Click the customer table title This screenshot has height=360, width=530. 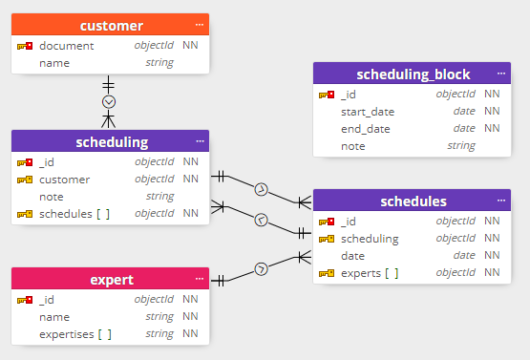[x=111, y=26]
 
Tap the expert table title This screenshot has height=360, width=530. [x=111, y=280]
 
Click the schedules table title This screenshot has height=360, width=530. [x=413, y=201]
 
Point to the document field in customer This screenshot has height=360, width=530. [x=66, y=46]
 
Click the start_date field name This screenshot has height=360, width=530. [x=367, y=112]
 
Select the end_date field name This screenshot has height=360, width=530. [x=365, y=129]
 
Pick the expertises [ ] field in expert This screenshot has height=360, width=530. [x=75, y=334]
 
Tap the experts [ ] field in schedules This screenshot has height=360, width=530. [x=370, y=273]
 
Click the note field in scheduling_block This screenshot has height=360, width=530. [x=352, y=146]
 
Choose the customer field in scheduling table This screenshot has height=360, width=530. [x=64, y=179]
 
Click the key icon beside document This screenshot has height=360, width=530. [x=25, y=46]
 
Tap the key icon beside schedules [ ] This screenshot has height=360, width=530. [x=25, y=213]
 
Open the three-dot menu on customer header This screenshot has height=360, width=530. [x=200, y=25]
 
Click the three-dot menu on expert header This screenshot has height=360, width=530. [x=200, y=279]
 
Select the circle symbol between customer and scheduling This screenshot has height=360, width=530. [x=109, y=101]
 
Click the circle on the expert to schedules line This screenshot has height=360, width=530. [x=261, y=267]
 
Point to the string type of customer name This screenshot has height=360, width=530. [x=159, y=63]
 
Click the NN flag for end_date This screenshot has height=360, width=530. [x=492, y=129]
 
